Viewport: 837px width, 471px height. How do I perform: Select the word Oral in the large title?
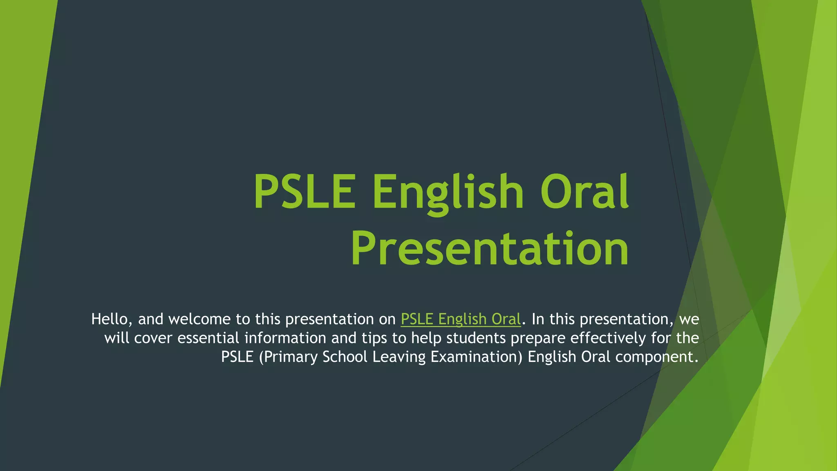[x=584, y=191]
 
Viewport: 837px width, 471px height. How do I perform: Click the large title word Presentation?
[x=490, y=249]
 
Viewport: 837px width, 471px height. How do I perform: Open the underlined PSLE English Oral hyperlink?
[x=461, y=319]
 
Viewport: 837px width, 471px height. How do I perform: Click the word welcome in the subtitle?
[x=199, y=319]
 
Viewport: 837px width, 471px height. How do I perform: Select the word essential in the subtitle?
[x=208, y=338]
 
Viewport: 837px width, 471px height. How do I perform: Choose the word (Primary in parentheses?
[x=288, y=357]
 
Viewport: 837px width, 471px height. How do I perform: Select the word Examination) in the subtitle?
[x=477, y=357]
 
